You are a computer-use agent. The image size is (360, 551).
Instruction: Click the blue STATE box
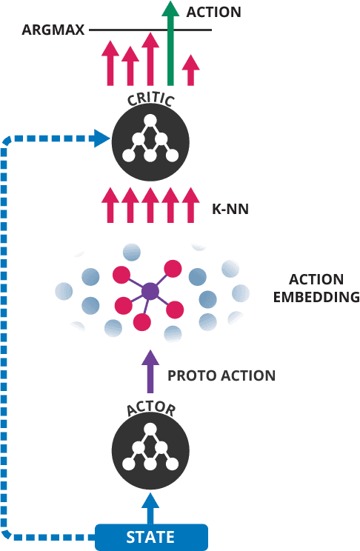pyautogui.click(x=151, y=537)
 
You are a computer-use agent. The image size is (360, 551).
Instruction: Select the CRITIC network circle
pyautogui.click(x=150, y=142)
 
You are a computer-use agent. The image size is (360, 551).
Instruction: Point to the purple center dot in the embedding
pyautogui.click(x=150, y=291)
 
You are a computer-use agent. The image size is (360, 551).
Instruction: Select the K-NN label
pyautogui.click(x=230, y=210)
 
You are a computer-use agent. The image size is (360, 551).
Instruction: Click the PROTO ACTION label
pyautogui.click(x=221, y=376)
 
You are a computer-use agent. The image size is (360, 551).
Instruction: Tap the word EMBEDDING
pyautogui.click(x=316, y=297)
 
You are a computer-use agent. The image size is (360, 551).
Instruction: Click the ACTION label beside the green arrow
pyautogui.click(x=214, y=12)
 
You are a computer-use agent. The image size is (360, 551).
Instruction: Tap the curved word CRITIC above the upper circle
pyautogui.click(x=150, y=100)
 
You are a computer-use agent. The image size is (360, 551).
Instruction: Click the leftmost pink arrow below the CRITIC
pyautogui.click(x=110, y=205)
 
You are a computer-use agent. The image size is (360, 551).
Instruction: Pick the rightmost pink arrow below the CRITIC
pyautogui.click(x=191, y=205)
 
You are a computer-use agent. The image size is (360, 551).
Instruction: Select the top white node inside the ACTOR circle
pyautogui.click(x=150, y=430)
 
